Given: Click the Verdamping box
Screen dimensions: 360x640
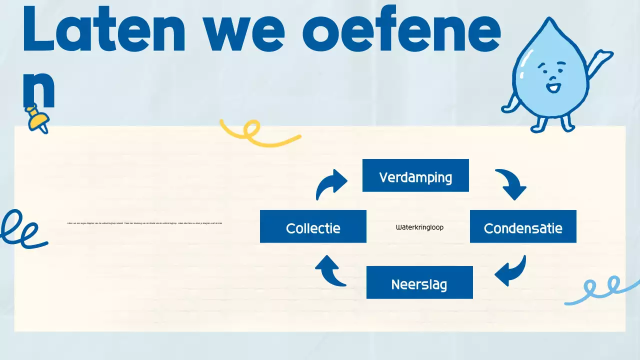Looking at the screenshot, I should point(415,175).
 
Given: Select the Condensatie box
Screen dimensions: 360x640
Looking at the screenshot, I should point(523,226).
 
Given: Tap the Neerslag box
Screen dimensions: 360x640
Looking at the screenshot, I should point(419,282).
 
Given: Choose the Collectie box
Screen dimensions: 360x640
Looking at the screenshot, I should point(313,226).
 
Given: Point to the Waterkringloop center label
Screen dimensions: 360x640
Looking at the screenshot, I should point(419,227).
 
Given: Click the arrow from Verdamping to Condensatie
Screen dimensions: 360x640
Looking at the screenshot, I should point(511,184).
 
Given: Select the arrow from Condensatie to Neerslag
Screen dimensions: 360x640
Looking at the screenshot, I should point(511,271).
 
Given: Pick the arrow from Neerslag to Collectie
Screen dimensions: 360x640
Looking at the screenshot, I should point(330,270).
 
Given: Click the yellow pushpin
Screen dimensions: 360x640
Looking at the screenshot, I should point(37,118).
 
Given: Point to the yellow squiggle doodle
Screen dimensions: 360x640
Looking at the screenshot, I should point(257,132).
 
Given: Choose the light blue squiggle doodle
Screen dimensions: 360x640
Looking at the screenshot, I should point(602,290).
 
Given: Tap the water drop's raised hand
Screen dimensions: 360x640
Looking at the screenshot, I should point(605,55).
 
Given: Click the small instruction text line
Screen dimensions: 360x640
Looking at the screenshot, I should point(144,223).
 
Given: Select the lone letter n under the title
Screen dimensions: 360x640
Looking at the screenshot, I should point(39,90).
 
